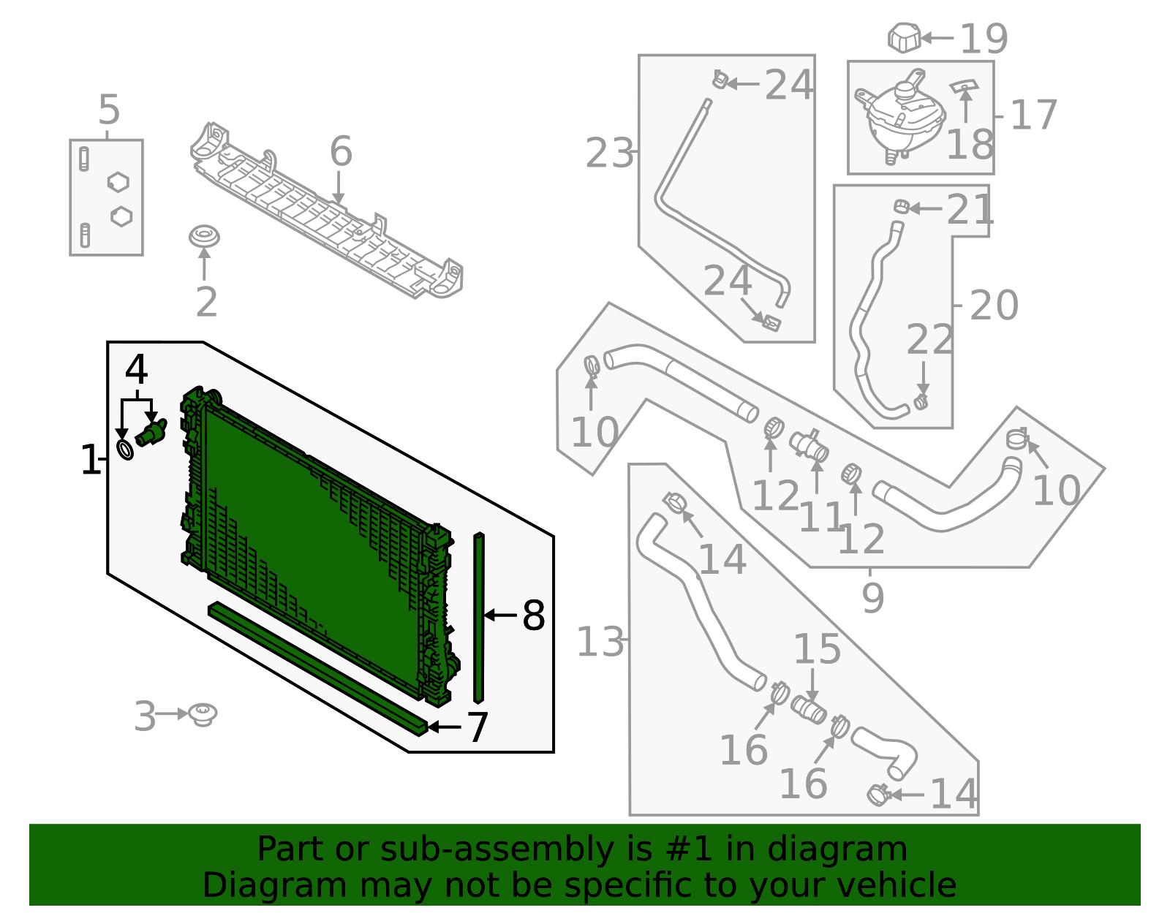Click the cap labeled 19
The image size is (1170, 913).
[904, 38]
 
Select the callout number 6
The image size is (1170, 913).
[341, 152]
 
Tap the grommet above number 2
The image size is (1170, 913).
[204, 237]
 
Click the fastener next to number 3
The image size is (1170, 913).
[202, 713]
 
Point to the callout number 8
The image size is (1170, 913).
[534, 615]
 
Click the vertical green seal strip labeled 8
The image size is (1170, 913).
[478, 618]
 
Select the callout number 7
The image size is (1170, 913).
[478, 727]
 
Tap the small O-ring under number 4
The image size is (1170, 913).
[125, 450]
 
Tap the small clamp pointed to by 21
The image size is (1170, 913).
[901, 208]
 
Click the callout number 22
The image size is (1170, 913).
[929, 340]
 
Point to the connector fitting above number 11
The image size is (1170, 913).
[808, 444]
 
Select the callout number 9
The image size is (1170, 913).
[872, 598]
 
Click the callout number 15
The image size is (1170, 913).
[817, 648]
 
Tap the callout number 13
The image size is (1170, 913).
[600, 643]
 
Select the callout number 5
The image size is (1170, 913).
[108, 111]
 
